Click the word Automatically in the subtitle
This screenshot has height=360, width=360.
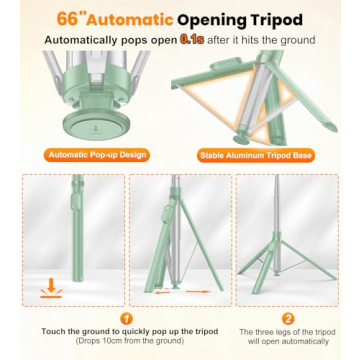(87, 40)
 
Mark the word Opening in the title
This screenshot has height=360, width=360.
(217, 18)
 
